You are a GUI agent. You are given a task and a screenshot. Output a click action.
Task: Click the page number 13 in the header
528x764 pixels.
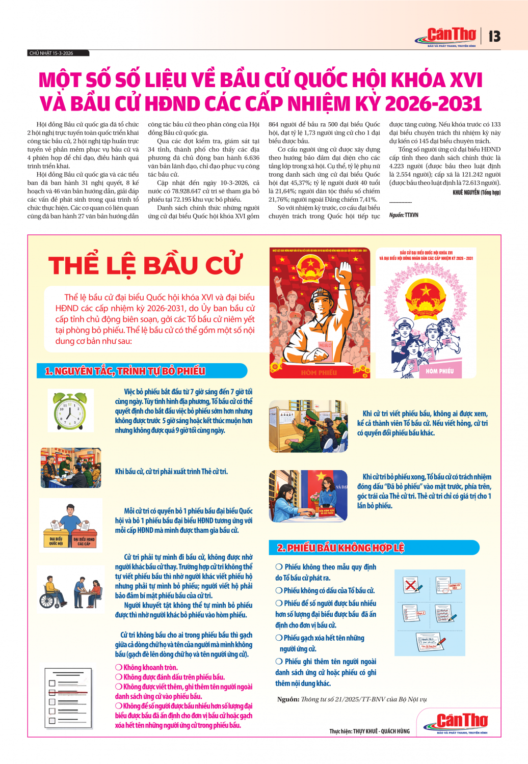494,36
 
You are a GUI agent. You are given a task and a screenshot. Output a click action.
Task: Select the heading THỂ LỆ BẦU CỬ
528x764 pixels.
145,265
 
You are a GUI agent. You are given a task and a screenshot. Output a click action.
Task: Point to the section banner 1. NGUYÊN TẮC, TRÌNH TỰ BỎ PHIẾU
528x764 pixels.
125,371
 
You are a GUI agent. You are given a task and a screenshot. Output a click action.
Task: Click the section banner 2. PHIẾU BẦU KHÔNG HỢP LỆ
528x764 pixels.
341,548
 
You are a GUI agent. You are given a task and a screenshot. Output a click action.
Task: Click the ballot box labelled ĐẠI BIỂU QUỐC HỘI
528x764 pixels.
56,534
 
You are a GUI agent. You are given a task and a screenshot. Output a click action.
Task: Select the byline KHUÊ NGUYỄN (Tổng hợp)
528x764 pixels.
476,193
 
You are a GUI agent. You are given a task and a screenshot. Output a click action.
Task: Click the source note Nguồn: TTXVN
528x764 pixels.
404,215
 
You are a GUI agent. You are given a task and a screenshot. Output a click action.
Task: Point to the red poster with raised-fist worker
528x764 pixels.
320,313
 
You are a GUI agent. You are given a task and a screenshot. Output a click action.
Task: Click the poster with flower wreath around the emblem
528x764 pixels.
426,313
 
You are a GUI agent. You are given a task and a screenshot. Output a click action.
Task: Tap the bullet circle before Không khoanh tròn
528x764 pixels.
118,667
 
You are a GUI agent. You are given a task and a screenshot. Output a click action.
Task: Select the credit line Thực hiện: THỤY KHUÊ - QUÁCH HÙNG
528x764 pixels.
369,731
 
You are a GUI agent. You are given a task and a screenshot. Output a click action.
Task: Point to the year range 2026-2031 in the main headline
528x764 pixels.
433,103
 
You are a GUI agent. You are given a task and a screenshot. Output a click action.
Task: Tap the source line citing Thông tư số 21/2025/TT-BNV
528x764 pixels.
352,699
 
